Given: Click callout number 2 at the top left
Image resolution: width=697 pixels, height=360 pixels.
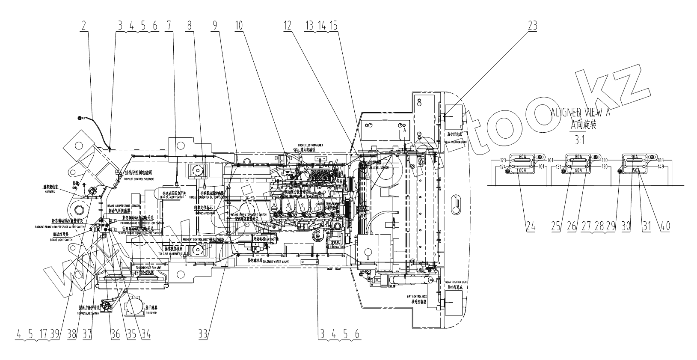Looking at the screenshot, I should click(84, 26).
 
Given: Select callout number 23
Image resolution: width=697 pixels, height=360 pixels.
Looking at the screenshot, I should click(532, 26).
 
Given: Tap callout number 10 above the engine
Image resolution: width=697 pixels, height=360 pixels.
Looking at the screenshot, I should click(238, 26).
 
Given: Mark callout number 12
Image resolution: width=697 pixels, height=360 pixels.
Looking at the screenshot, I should click(287, 26).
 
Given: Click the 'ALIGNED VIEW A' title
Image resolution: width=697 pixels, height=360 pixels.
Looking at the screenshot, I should click(580, 113).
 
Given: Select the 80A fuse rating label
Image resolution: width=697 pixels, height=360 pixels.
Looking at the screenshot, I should click(578, 157).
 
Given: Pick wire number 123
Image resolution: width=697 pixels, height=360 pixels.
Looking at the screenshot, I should click(503, 161).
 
